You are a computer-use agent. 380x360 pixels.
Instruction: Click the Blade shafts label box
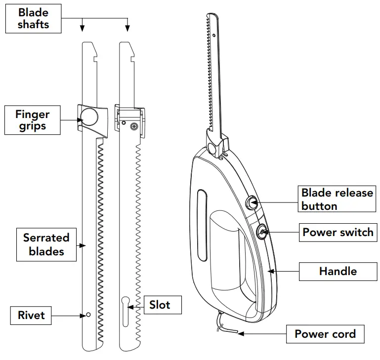tap(34, 19)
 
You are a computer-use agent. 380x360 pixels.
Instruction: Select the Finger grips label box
tap(33, 120)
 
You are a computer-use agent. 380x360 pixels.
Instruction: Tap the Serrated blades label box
tap(46, 244)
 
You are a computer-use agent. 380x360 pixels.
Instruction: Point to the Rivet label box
tap(31, 315)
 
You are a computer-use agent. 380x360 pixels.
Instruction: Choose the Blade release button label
tap(337, 199)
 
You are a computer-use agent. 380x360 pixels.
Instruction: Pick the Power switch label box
tap(338, 232)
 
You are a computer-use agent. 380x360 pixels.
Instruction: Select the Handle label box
tap(338, 271)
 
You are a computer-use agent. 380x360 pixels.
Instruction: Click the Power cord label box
tap(325, 334)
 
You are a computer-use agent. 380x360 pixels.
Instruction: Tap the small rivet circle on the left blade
tap(88, 315)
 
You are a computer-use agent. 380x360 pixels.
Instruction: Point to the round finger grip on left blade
tap(89, 117)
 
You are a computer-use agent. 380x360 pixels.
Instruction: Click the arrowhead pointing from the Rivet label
tap(82, 315)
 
